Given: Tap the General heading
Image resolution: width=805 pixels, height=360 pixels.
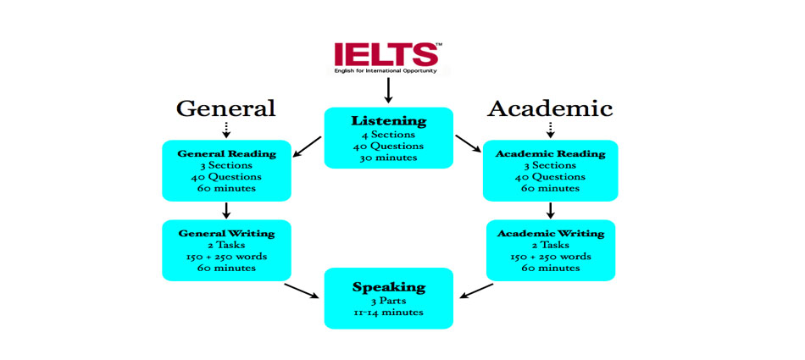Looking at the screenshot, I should tap(225, 108).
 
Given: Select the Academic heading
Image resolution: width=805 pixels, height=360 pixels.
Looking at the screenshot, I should tap(549, 108).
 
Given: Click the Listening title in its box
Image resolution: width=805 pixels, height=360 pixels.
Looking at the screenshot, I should tap(389, 121).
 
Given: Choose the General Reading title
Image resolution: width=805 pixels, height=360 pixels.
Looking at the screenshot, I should tap(226, 153).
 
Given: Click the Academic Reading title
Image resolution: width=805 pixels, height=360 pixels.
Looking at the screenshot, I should tap(550, 153).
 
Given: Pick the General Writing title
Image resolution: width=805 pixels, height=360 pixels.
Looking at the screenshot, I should tap(226, 233).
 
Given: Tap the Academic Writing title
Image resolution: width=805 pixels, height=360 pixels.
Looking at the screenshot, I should tap(550, 233).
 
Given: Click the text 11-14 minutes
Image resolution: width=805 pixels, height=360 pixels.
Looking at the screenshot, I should tap(389, 313).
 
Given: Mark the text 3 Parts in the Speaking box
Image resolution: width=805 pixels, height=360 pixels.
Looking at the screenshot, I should tap(389, 300).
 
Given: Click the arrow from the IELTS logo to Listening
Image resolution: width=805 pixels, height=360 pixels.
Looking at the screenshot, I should tap(388, 90).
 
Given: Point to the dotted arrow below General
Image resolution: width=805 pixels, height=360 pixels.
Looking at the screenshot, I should tap(226, 129).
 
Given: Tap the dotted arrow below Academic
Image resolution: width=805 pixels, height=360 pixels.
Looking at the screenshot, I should tap(550, 129).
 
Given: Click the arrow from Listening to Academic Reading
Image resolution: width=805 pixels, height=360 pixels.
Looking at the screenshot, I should tap(468, 143).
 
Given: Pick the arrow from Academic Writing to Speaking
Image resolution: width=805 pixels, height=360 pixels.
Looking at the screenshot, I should tap(475, 291).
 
